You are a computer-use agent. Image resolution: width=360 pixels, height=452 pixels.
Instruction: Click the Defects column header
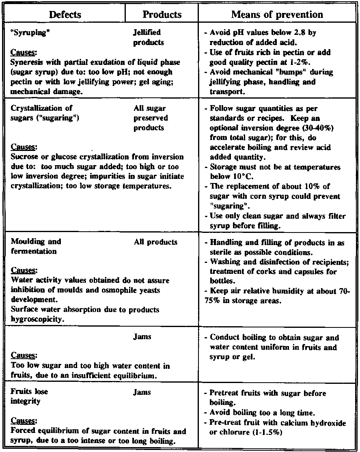[x=65, y=15]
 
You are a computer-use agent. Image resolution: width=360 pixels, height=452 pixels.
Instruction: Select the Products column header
[x=162, y=15]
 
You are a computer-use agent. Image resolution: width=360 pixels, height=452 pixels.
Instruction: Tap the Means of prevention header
[x=277, y=15]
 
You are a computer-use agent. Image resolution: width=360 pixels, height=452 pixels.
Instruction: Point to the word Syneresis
[x=26, y=62]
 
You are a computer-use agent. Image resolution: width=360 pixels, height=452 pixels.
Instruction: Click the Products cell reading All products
[x=155, y=242]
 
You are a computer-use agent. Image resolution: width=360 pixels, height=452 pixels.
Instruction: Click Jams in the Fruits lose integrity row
[x=142, y=392]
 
